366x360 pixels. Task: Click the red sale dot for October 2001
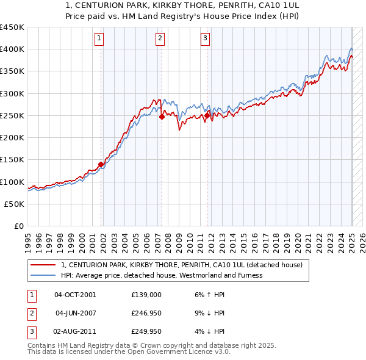coord(101,164)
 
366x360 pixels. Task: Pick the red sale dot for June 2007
coord(162,117)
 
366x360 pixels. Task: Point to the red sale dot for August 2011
coord(207,115)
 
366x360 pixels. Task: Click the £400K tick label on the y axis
coord(12,49)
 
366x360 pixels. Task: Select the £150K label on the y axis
coord(12,160)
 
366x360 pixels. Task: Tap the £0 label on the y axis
coord(19,226)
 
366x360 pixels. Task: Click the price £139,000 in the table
coord(146,295)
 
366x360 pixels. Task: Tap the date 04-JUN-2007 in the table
coord(76,313)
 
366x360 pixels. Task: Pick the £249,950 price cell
coord(146,331)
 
